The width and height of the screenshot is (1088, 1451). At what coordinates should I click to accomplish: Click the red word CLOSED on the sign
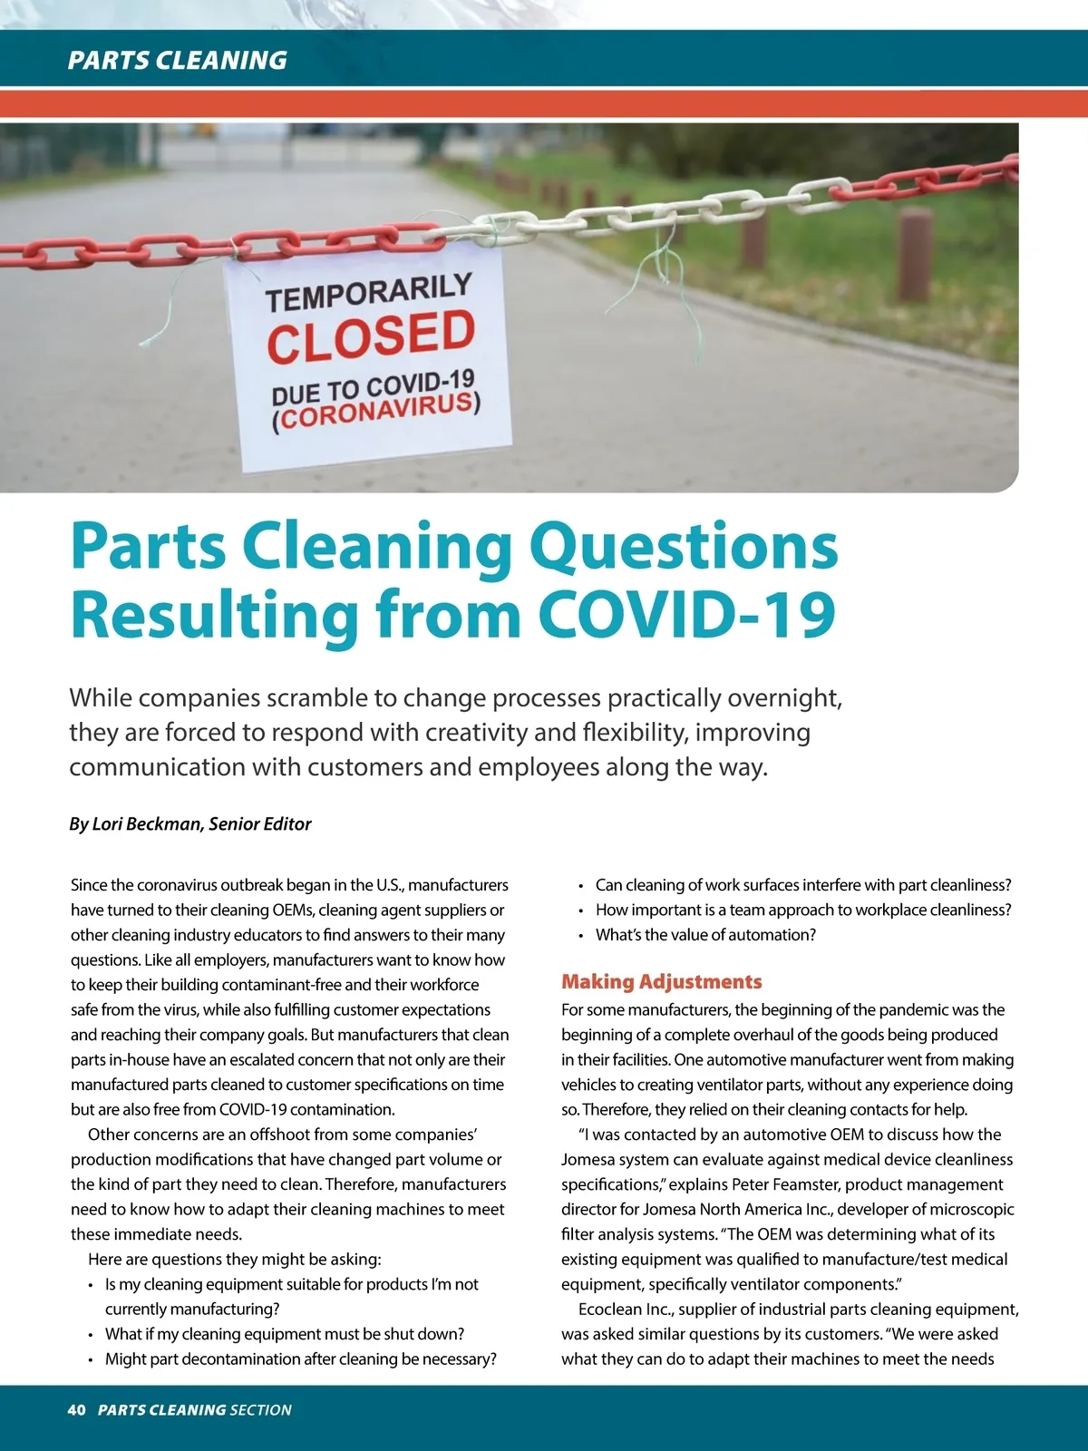tap(371, 336)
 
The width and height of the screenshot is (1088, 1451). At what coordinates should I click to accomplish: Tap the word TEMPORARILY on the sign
tap(369, 292)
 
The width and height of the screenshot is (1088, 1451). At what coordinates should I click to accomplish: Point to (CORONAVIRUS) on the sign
tap(376, 413)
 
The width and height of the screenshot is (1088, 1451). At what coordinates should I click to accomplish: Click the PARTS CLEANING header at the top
tap(178, 60)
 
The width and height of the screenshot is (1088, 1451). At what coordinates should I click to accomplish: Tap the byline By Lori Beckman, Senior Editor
tap(190, 823)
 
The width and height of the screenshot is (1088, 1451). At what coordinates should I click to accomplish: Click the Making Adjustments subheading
tap(661, 981)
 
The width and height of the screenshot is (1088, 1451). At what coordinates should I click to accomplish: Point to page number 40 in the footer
tap(76, 1409)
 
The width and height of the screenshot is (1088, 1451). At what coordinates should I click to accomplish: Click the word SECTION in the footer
tap(261, 1409)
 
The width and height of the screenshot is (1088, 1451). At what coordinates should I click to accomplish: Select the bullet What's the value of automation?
tap(705, 934)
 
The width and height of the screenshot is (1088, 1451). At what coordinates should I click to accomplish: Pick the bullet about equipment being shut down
tap(285, 1333)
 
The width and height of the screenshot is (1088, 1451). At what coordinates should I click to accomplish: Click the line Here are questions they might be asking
tap(235, 1259)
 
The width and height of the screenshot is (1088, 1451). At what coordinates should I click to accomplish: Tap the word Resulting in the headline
tap(215, 616)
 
